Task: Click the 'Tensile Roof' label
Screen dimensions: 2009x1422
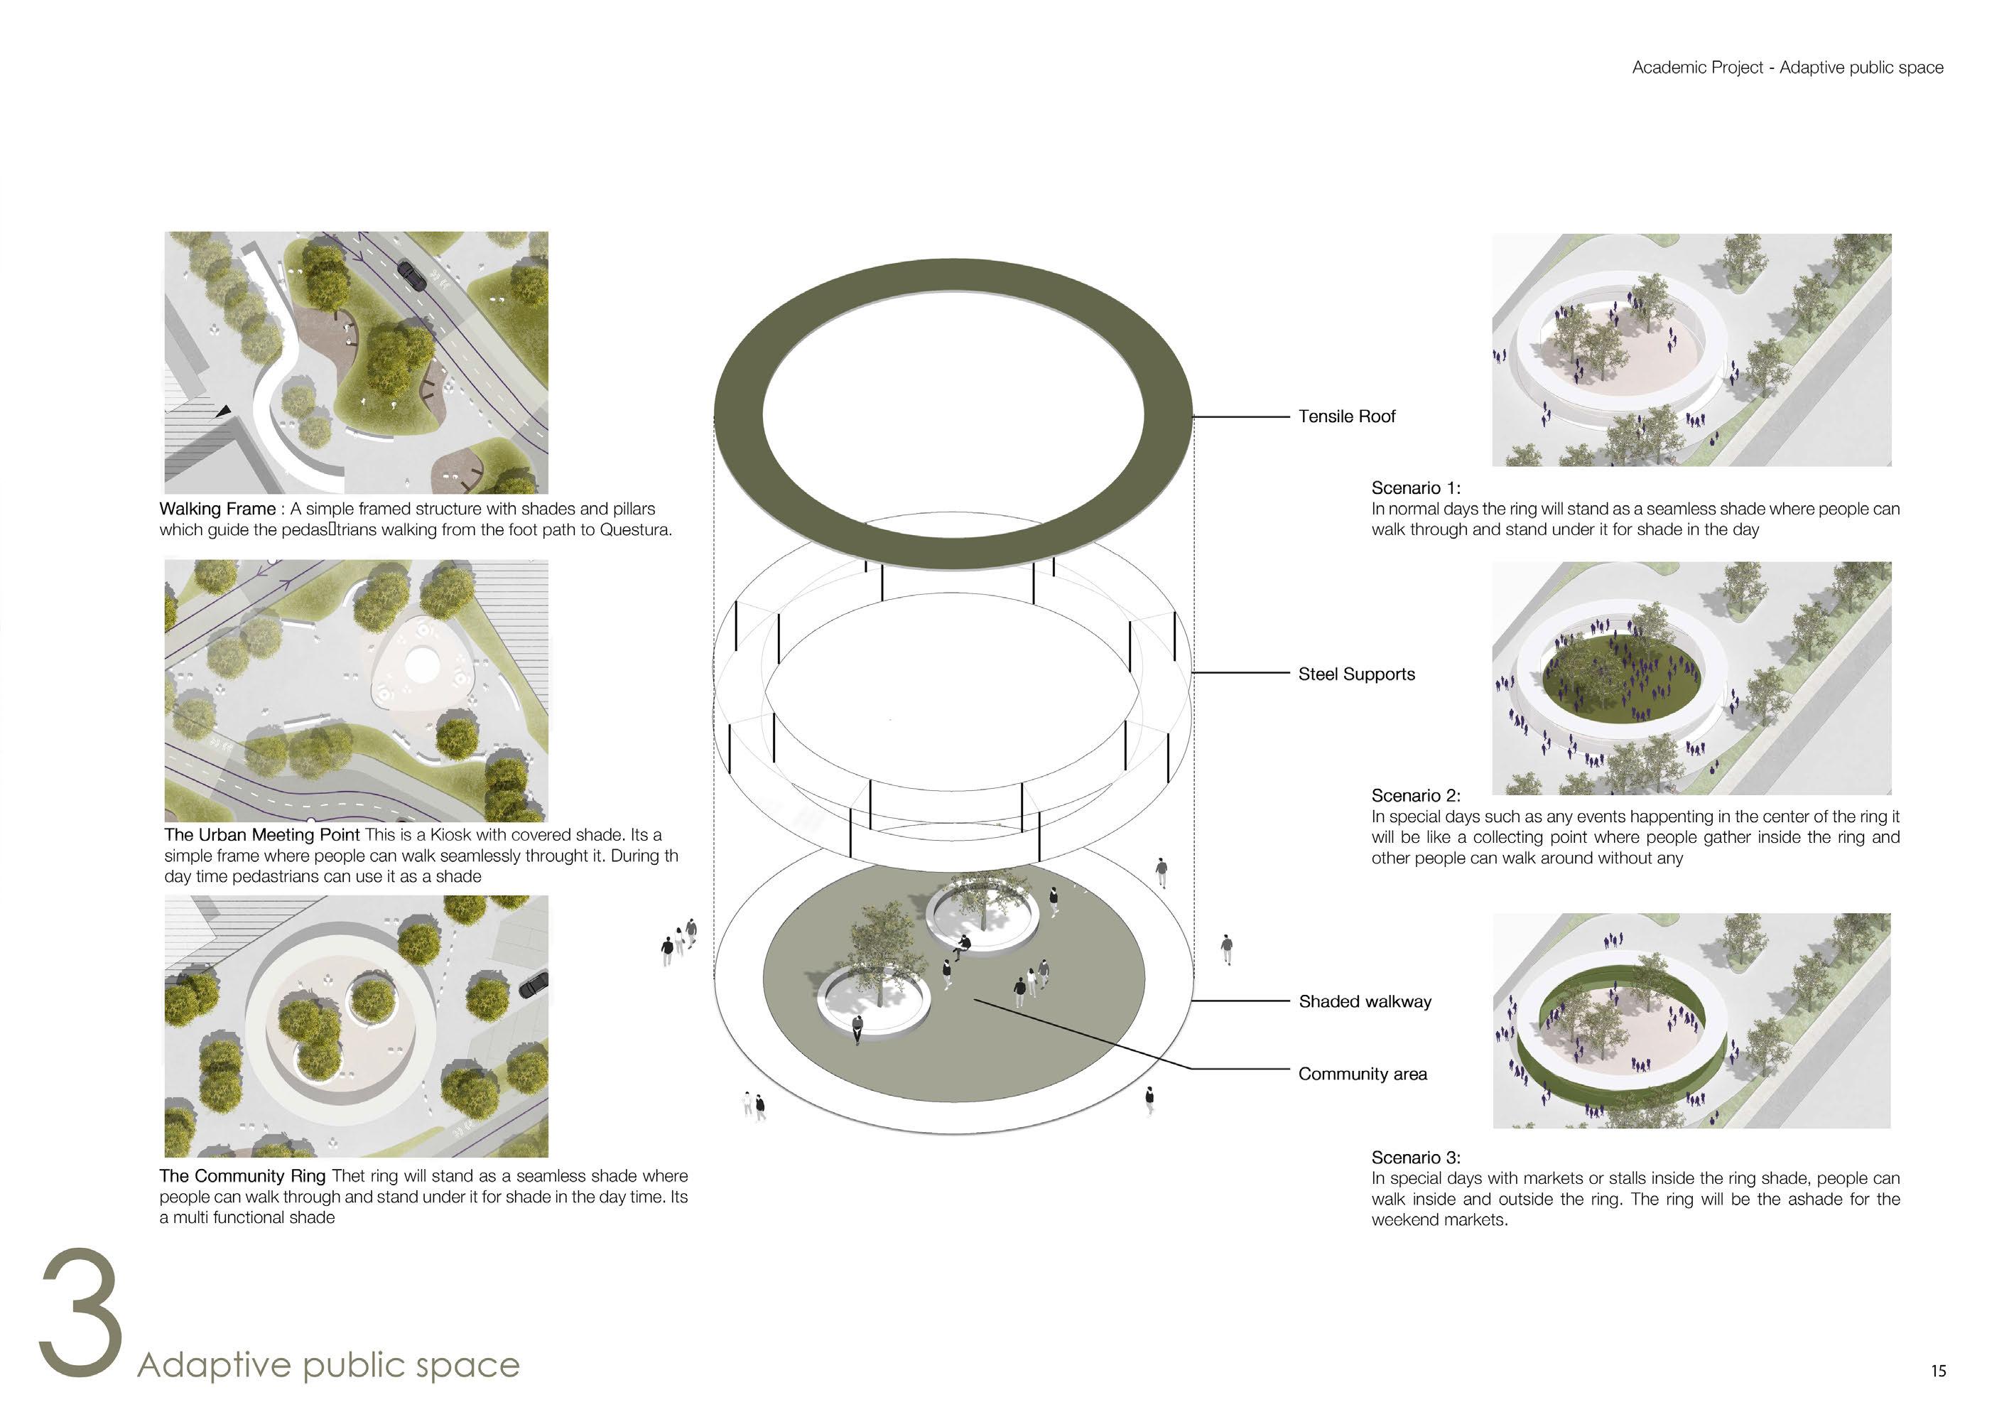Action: point(1346,416)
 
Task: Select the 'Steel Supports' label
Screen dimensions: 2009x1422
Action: point(1357,674)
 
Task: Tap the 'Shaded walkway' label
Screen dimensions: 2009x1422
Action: point(1365,1002)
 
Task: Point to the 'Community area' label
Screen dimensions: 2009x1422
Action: point(1362,1074)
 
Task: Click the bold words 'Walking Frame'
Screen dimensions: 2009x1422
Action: point(217,509)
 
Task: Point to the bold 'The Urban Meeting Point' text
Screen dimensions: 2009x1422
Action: point(261,834)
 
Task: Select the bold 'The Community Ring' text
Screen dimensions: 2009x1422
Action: point(242,1176)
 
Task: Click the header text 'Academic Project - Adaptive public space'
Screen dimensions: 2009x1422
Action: point(1787,68)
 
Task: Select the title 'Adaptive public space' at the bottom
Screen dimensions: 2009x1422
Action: point(328,1365)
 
